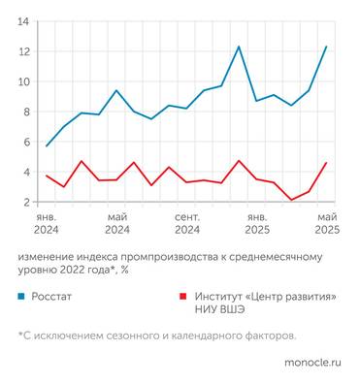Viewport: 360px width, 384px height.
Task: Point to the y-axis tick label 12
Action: click(x=23, y=50)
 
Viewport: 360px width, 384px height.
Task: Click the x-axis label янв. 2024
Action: click(x=47, y=224)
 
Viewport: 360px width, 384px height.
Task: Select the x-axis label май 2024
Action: click(x=117, y=224)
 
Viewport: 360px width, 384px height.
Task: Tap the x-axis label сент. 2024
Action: click(x=187, y=224)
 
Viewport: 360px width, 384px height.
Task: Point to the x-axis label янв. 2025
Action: click(x=257, y=224)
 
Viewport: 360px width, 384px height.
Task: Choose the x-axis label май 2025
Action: click(x=326, y=224)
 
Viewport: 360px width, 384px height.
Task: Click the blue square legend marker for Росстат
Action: click(x=21, y=295)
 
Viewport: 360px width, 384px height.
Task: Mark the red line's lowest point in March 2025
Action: click(x=291, y=200)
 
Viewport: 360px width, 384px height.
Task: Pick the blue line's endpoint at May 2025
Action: click(x=326, y=46)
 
